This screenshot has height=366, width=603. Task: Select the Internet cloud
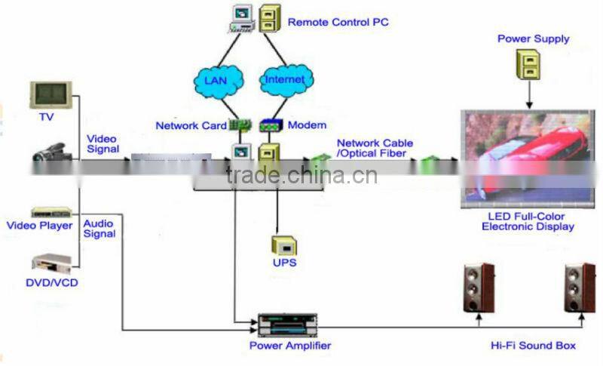[285, 80]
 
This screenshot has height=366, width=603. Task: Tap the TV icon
[51, 95]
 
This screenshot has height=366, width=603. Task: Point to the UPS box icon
[285, 245]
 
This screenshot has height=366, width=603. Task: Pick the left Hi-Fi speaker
[479, 288]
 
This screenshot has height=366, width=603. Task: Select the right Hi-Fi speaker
[580, 288]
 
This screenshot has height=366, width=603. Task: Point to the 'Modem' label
[307, 125]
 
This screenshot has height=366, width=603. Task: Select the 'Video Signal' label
[102, 144]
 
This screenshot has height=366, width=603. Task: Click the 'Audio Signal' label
[99, 229]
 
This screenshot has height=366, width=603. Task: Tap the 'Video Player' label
[40, 226]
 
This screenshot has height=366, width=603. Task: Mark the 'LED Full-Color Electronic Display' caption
[528, 221]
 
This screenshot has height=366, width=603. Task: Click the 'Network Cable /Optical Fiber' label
[375, 148]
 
